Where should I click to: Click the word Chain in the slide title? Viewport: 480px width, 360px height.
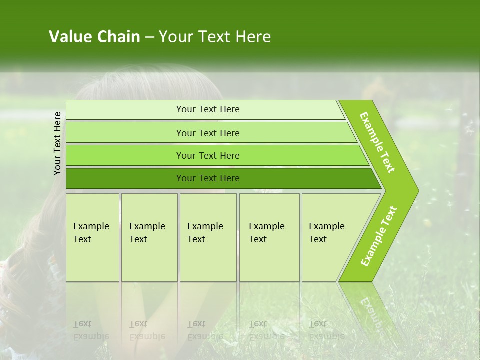coord(118,37)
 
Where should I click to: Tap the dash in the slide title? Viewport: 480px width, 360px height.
coord(149,37)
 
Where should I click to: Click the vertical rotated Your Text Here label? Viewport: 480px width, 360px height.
coord(57,143)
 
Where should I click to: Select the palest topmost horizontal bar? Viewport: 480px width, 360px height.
coord(125,110)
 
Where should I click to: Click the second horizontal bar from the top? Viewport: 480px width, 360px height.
coord(125,133)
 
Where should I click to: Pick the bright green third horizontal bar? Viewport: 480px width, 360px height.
coord(125,155)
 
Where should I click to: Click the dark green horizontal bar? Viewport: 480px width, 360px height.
coord(125,178)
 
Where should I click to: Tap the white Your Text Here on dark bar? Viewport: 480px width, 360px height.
coord(208,178)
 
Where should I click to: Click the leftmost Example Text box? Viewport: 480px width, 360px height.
coord(92,237)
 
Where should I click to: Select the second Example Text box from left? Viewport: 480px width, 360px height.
coord(149,237)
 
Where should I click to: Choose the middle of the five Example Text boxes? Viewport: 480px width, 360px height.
coord(208,237)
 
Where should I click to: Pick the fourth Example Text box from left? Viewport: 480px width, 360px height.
coord(269,237)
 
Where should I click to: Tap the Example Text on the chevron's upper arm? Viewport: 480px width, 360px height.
coord(377,142)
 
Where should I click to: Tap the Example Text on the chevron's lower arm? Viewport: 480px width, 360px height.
coord(379,236)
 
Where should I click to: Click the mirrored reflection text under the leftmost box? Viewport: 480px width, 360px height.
coord(91,330)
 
